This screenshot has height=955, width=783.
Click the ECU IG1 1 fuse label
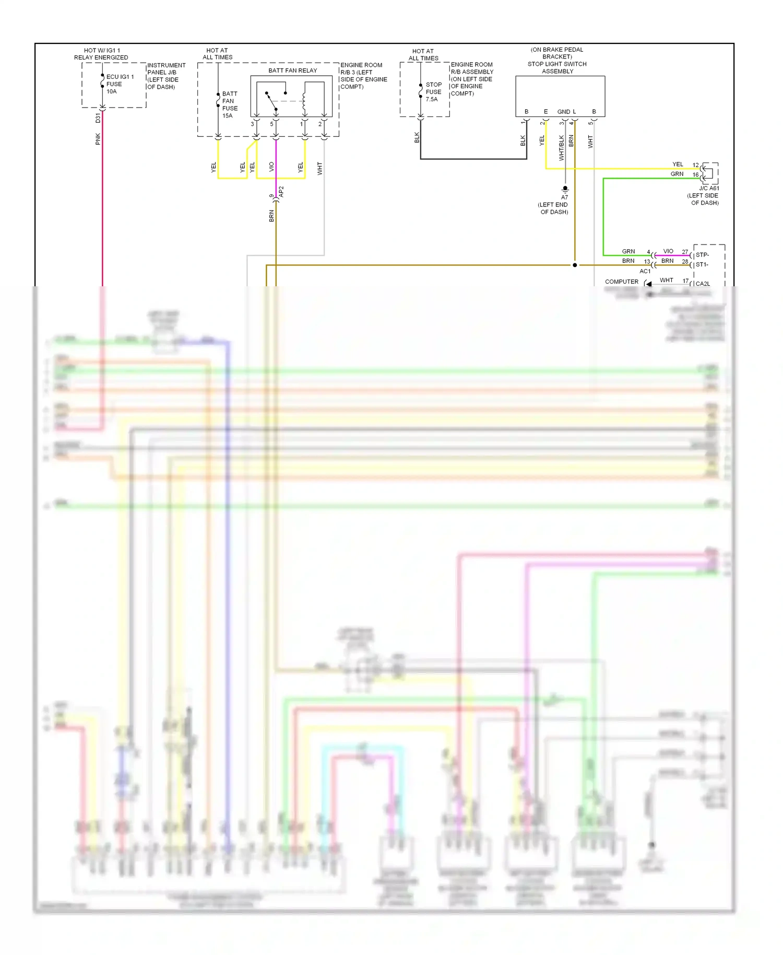pos(120,84)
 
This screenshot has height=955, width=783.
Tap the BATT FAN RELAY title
pos(292,71)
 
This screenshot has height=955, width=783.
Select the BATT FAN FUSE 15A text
pos(230,104)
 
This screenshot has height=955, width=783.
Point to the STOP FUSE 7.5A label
pos(433,92)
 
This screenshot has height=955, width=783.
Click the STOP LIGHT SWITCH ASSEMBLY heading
pos(557,67)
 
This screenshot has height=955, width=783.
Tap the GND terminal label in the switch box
pos(563,112)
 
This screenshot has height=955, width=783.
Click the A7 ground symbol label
pos(564,197)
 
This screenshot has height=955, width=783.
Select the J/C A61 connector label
pos(709,188)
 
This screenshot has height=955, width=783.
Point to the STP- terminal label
pos(702,255)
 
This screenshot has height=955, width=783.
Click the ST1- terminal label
pos(702,264)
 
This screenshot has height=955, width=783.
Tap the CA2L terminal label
pos(703,284)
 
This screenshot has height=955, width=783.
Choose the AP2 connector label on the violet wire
pos(281,191)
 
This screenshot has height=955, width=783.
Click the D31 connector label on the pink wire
pos(98,118)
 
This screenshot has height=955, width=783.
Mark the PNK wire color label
pos(98,139)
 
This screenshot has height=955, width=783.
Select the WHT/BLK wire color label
pos(562,148)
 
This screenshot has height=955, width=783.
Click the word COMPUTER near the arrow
pos(621,282)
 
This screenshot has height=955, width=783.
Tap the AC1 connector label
pos(645,271)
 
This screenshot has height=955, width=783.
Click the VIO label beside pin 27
pos(668,251)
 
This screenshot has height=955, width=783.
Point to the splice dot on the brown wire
pos(575,265)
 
